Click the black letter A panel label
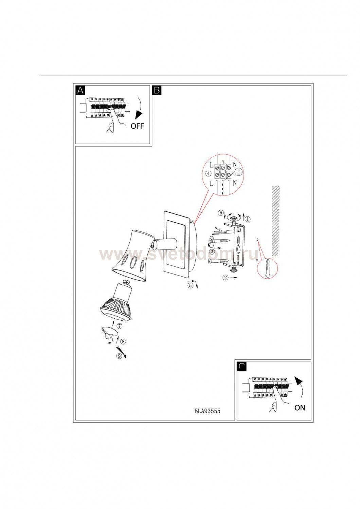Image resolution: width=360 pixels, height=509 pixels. [80, 90]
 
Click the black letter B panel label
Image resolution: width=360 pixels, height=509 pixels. [157, 90]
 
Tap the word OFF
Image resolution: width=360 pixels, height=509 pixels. [137, 126]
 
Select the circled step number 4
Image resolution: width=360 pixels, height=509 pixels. [208, 174]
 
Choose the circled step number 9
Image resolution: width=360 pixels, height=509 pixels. [119, 356]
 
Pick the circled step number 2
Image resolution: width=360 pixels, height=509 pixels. [226, 278]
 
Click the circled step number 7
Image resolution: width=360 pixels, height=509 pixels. [120, 326]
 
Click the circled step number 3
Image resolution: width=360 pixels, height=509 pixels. [212, 251]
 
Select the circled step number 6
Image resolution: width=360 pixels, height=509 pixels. [220, 213]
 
